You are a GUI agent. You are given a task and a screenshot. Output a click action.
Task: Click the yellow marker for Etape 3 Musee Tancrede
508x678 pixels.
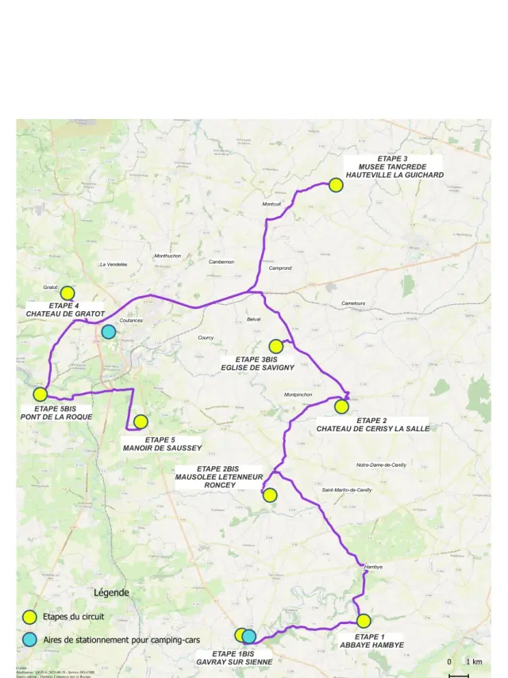[x=335, y=184]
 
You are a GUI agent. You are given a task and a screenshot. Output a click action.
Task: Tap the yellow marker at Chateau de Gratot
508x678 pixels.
[x=67, y=293]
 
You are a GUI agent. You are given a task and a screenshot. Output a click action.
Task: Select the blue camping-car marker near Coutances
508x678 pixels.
[x=109, y=332]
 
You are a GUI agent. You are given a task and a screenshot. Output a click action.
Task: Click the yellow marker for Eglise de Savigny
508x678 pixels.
[x=276, y=346]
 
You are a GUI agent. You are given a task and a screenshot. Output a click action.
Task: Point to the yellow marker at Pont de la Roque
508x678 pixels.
[x=40, y=394]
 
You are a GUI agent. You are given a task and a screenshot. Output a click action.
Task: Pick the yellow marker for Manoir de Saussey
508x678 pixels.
[x=140, y=422]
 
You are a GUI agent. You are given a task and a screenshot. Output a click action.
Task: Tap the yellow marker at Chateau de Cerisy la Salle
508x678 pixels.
[x=341, y=406]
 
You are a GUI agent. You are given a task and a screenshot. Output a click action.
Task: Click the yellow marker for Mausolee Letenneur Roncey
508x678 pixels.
[x=270, y=495]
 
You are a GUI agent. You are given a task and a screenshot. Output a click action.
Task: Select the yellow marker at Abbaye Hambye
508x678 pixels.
[x=364, y=621]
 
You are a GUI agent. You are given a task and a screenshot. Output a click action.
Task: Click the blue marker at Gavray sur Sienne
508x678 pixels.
[x=249, y=636]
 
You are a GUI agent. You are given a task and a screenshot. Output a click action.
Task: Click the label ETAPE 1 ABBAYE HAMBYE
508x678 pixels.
[x=371, y=641]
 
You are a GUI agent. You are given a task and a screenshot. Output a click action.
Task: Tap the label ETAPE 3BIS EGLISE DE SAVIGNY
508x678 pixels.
[x=258, y=364]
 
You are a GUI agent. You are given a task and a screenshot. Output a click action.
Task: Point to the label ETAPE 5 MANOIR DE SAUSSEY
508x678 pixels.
[x=160, y=443]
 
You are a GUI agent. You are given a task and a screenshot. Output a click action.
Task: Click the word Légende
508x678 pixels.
[x=111, y=593]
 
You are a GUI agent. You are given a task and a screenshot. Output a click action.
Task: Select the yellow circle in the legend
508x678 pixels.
[x=29, y=616]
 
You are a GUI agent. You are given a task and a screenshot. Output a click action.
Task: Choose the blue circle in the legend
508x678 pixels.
[x=29, y=639]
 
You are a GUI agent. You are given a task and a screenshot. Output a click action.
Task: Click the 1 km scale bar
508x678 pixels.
[x=459, y=675]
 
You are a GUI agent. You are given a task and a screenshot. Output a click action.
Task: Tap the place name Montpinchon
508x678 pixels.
[x=298, y=395]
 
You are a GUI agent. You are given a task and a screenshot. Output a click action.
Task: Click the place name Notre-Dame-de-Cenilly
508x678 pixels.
[x=381, y=464]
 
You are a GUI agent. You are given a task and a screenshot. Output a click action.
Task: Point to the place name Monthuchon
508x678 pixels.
[x=167, y=256]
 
